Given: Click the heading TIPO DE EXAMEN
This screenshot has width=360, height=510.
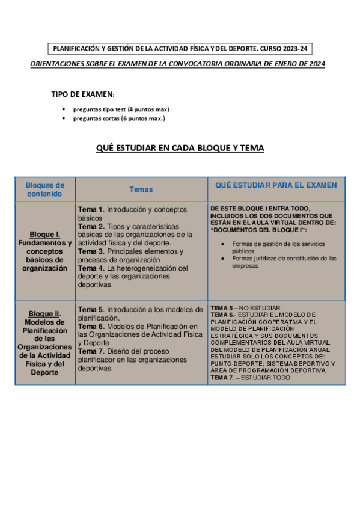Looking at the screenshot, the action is [x=83, y=94].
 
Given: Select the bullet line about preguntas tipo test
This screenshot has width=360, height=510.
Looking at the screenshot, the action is [x=121, y=109].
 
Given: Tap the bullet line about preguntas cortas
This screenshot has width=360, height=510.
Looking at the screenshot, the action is [x=118, y=118].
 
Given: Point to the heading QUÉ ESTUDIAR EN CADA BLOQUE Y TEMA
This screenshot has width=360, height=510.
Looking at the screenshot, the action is [x=180, y=148].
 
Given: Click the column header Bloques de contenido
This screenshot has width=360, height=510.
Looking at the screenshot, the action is [x=45, y=189].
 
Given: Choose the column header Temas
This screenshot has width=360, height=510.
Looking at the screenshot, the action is [x=141, y=189].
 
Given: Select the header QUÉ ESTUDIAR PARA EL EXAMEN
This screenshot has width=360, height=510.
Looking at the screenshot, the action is [x=276, y=185].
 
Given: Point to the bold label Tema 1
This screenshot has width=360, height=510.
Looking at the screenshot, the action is [x=91, y=209].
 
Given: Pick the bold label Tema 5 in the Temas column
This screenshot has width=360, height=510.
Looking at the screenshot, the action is [x=91, y=310].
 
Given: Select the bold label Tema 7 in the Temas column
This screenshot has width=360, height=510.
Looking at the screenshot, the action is [x=91, y=351].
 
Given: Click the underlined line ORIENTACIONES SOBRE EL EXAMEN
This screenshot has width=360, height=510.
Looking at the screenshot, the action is [x=177, y=64].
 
